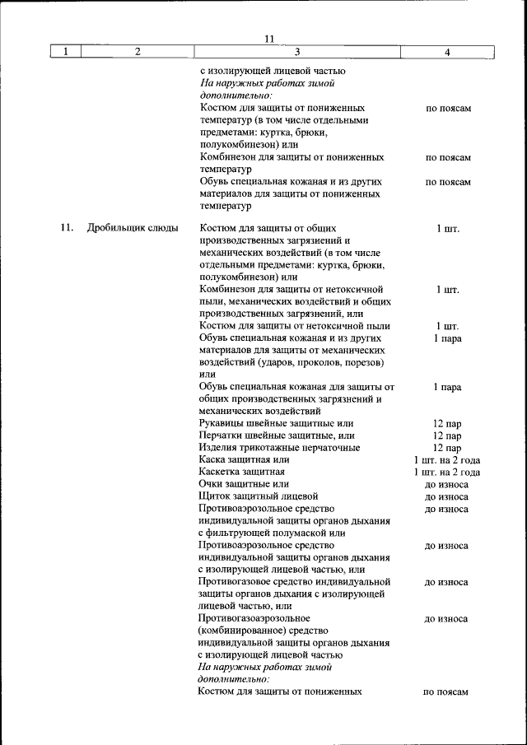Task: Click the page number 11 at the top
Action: (268, 39)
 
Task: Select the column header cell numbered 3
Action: (273, 52)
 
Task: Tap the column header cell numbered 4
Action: (447, 52)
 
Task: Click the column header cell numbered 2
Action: (138, 52)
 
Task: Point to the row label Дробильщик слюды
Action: (133, 228)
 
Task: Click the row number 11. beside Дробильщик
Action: (68, 228)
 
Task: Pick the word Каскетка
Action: (221, 472)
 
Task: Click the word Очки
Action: (212, 484)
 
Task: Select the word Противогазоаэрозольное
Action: (254, 618)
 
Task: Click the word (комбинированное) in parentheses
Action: (240, 631)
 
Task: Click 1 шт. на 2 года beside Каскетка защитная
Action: (447, 472)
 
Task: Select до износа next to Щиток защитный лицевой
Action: (447, 496)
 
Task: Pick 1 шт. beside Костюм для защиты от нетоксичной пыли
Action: (447, 326)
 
